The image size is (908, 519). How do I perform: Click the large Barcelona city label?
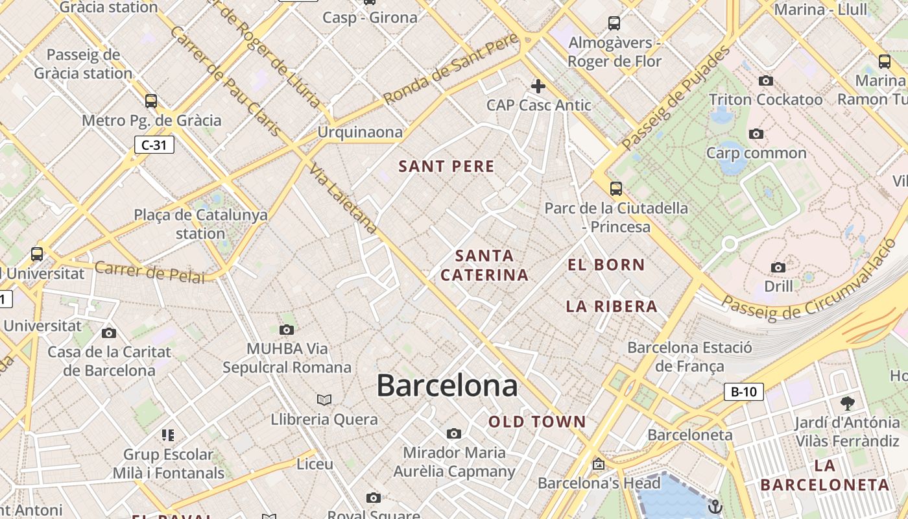click(x=447, y=385)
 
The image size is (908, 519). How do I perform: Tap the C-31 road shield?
click(x=154, y=145)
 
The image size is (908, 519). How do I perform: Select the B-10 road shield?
click(x=744, y=392)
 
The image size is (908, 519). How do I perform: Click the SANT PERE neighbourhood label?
click(x=446, y=167)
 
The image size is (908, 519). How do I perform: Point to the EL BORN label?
click(x=606, y=265)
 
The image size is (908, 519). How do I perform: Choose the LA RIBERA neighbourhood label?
click(x=612, y=306)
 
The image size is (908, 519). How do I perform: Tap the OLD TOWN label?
click(x=537, y=422)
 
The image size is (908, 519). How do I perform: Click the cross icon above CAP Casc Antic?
click(x=538, y=86)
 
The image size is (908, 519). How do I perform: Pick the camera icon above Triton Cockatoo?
click(x=766, y=81)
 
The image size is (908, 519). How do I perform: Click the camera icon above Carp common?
click(x=756, y=134)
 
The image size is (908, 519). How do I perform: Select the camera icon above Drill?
click(x=778, y=267)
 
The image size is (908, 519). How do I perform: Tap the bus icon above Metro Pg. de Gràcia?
click(x=151, y=101)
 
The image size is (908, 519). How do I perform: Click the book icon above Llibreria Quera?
click(x=324, y=400)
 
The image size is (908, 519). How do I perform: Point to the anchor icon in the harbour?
click(x=715, y=505)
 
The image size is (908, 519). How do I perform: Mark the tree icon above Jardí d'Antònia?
click(x=847, y=403)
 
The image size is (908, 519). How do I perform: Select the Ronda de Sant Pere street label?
click(x=451, y=69)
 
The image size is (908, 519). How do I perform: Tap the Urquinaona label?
click(x=360, y=132)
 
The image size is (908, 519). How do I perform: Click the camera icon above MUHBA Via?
click(x=286, y=330)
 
